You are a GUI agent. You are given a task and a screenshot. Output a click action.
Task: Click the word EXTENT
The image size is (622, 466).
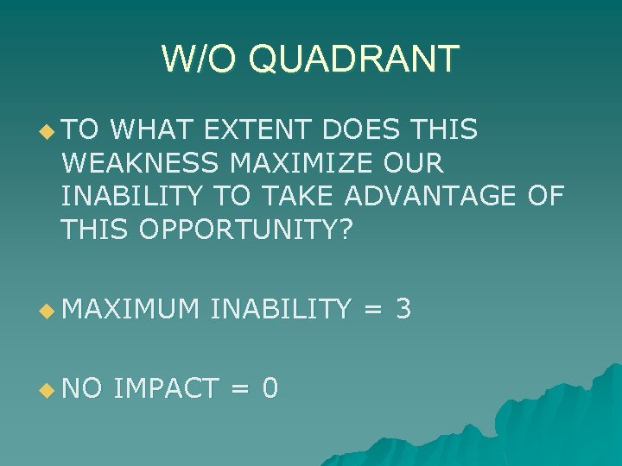click(257, 130)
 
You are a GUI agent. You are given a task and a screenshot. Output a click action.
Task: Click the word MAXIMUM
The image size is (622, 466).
click(130, 308)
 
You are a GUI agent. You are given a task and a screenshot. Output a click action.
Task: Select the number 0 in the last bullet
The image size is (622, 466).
click(270, 388)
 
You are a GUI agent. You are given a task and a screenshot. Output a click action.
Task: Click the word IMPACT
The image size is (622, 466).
click(165, 388)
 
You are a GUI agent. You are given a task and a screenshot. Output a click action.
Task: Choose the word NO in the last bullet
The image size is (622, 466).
click(82, 388)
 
